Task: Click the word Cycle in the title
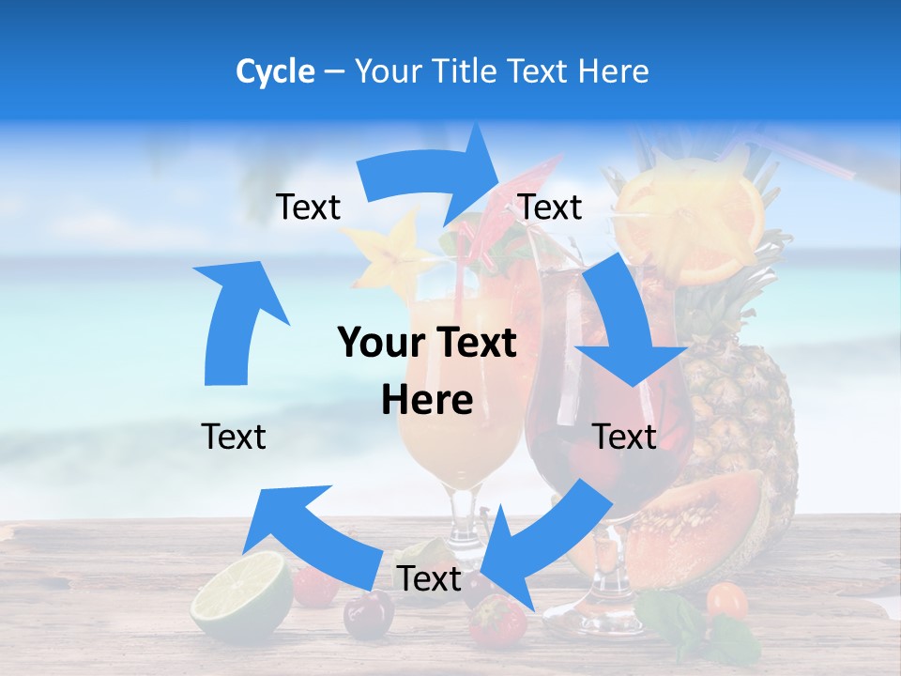pyautogui.click(x=275, y=71)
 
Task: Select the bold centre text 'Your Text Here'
pyautogui.click(x=427, y=371)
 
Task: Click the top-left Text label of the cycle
pyautogui.click(x=308, y=207)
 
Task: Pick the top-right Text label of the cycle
pyautogui.click(x=550, y=207)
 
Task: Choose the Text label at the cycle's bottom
pyautogui.click(x=429, y=579)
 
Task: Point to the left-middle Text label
pyautogui.click(x=234, y=437)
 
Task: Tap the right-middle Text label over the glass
pyautogui.click(x=624, y=437)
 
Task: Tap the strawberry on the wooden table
pyautogui.click(x=497, y=622)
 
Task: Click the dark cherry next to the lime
pyautogui.click(x=368, y=615)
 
